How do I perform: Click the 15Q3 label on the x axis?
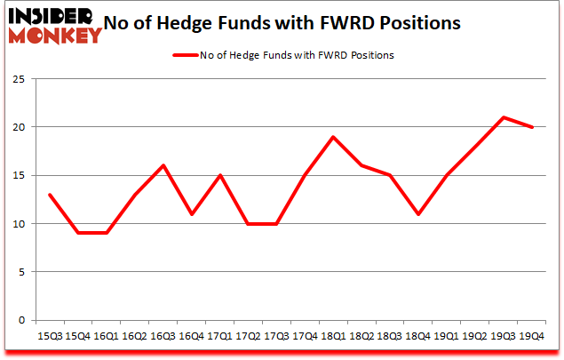click(x=50, y=337)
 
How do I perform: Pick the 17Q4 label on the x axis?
click(x=305, y=337)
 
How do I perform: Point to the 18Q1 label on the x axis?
click(x=333, y=337)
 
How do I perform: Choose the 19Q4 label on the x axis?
click(x=531, y=337)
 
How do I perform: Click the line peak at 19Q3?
click(x=504, y=117)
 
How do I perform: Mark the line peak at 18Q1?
click(x=334, y=137)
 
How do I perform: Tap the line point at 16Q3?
click(x=163, y=165)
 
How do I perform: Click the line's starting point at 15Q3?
click(x=50, y=195)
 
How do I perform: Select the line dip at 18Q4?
click(x=418, y=214)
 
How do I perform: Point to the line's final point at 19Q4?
click(x=532, y=127)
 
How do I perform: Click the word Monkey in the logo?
click(x=55, y=36)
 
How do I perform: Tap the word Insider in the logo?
click(x=55, y=15)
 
